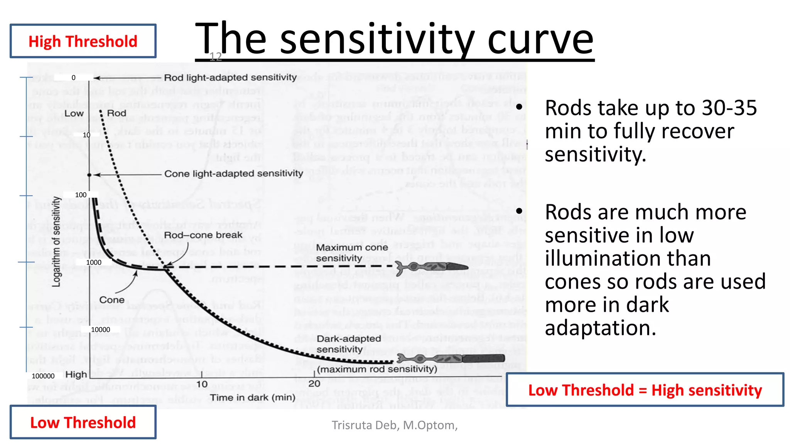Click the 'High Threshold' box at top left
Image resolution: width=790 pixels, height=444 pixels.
click(83, 41)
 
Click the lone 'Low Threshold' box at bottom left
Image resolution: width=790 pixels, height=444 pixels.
click(83, 422)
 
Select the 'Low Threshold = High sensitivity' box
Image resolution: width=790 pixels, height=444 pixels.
click(645, 390)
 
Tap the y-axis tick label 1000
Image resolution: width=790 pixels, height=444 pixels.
click(94, 262)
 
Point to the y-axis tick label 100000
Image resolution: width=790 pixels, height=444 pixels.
click(43, 376)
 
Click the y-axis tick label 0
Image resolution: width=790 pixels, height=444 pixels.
click(74, 77)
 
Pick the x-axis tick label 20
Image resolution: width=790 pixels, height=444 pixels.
click(314, 383)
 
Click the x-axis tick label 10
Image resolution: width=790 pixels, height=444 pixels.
click(202, 384)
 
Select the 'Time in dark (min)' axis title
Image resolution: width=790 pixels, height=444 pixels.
click(253, 397)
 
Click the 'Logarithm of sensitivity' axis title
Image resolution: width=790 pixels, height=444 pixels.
click(56, 242)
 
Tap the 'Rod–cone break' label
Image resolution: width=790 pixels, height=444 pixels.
click(203, 235)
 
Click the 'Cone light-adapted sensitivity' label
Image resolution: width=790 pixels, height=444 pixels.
click(233, 174)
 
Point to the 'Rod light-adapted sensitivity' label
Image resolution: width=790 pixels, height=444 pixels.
click(230, 77)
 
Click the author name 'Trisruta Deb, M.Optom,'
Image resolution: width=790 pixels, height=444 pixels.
click(395, 425)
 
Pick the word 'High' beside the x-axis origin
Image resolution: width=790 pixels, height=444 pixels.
click(76, 375)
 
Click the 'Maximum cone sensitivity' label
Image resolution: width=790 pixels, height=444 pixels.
click(352, 253)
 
